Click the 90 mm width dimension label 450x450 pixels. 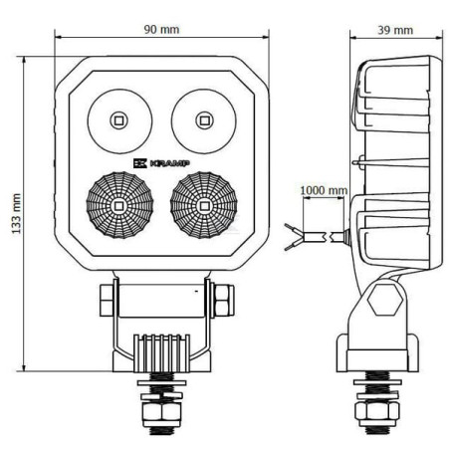(x=161, y=30)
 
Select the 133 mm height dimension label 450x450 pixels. (x=16, y=214)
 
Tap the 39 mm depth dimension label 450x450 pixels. (x=395, y=30)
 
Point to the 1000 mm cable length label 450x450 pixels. (x=324, y=190)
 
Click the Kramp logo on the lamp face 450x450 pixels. (x=161, y=163)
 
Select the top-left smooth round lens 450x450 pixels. (x=119, y=121)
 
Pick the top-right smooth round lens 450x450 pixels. (x=204, y=121)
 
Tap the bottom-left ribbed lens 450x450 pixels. (x=119, y=205)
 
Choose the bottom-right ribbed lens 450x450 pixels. (x=204, y=205)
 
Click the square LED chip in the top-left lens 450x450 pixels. (x=118, y=120)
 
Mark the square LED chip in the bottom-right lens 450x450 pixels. (x=203, y=206)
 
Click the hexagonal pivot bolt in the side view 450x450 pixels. (x=385, y=300)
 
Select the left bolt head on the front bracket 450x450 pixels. (x=107, y=301)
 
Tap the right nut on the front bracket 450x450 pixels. (x=224, y=301)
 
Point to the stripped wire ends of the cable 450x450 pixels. (x=293, y=237)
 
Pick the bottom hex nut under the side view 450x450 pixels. (x=377, y=413)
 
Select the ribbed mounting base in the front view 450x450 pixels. (x=161, y=353)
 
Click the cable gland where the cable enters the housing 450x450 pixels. (x=346, y=237)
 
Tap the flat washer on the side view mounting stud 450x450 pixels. (x=377, y=382)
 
